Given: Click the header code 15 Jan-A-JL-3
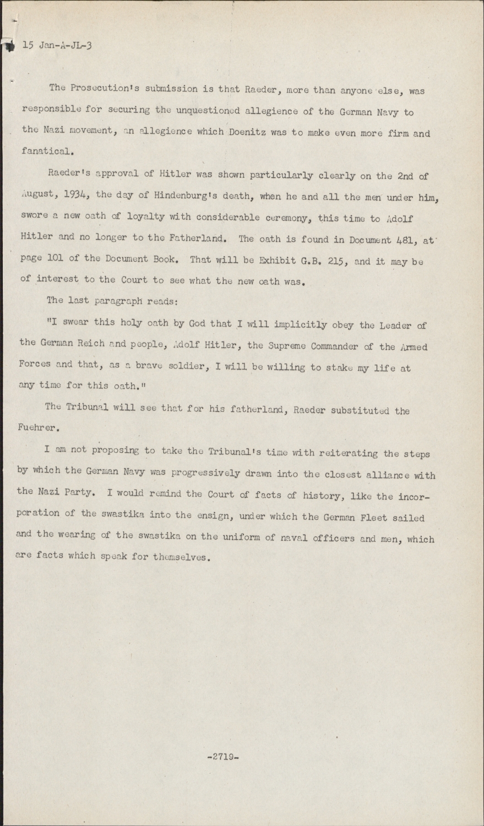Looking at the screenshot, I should [x=57, y=46].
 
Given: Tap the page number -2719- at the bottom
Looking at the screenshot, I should [x=222, y=756].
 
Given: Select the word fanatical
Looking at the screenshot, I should [x=48, y=151].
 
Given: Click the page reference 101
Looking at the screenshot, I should [x=51, y=258].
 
